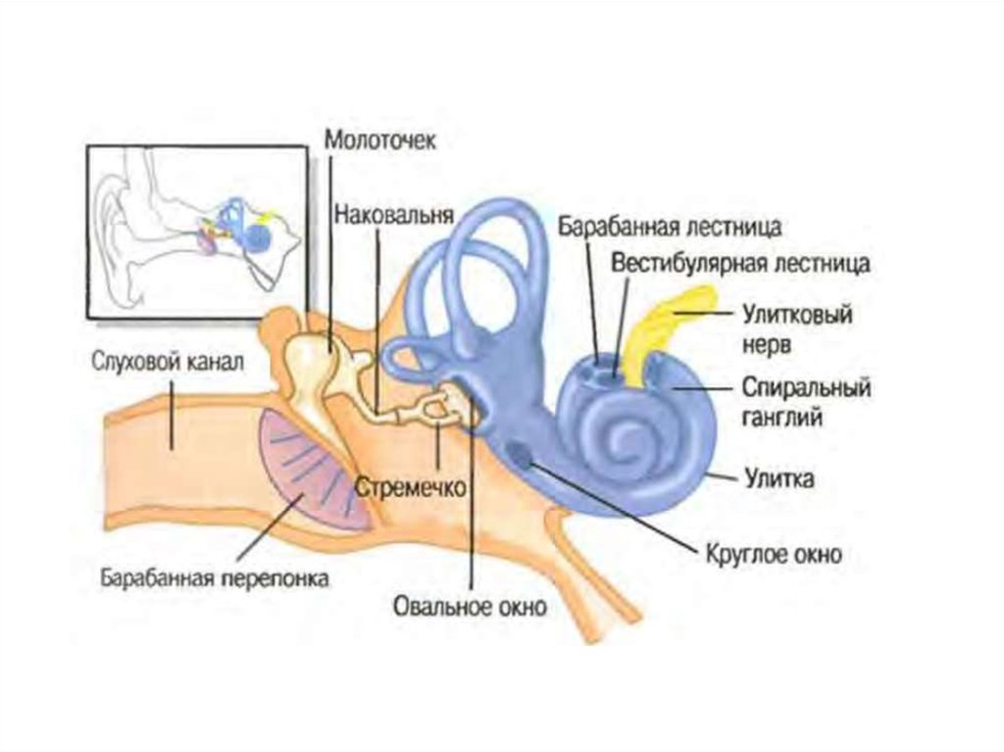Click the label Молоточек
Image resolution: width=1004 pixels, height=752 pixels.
[x=380, y=139]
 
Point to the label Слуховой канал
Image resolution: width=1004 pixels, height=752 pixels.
[x=167, y=363]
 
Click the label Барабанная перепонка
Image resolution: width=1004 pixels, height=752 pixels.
[x=215, y=578]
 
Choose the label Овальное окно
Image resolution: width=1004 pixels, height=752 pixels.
[x=470, y=606]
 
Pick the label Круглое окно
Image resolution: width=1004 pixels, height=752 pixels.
[x=774, y=554]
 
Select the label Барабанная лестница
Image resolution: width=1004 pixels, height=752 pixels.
[x=670, y=228]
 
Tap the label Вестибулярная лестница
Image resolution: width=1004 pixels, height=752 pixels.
[x=740, y=263]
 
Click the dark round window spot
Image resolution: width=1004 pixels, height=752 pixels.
[x=519, y=453]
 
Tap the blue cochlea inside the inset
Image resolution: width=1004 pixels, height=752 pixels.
[x=258, y=236]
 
